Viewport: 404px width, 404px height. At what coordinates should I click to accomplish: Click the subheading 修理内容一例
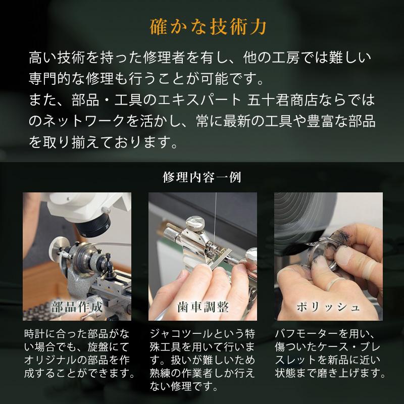202,178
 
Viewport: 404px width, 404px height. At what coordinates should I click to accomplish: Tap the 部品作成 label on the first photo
77,307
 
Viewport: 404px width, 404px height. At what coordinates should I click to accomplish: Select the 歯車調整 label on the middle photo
202,307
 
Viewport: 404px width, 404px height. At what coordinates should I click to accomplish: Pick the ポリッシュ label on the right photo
328,307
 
